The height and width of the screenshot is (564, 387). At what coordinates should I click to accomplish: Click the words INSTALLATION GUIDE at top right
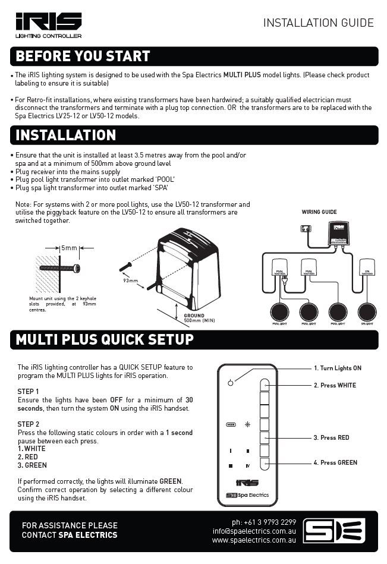click(x=318, y=23)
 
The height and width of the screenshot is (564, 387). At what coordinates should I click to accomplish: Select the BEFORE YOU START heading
click(x=83, y=56)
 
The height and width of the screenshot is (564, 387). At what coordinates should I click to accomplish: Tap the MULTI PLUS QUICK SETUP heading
click(x=105, y=339)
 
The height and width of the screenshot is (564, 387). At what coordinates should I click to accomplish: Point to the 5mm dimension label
click(x=70, y=247)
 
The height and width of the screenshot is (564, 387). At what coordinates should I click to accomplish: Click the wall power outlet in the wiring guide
click(x=306, y=228)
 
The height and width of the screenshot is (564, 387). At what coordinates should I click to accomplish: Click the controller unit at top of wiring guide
click(x=339, y=234)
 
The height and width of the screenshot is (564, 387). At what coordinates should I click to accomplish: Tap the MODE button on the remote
click(x=231, y=424)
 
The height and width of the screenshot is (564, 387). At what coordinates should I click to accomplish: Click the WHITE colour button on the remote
click(x=265, y=386)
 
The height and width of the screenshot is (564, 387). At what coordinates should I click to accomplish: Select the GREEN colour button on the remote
click(x=265, y=463)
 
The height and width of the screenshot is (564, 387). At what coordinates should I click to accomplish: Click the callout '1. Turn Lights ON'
click(x=337, y=368)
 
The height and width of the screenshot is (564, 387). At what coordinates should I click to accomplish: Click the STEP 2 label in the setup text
click(x=29, y=424)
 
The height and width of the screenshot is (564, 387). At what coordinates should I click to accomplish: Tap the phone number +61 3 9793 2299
click(x=264, y=522)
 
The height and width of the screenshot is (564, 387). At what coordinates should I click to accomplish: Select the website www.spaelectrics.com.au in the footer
click(x=254, y=540)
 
